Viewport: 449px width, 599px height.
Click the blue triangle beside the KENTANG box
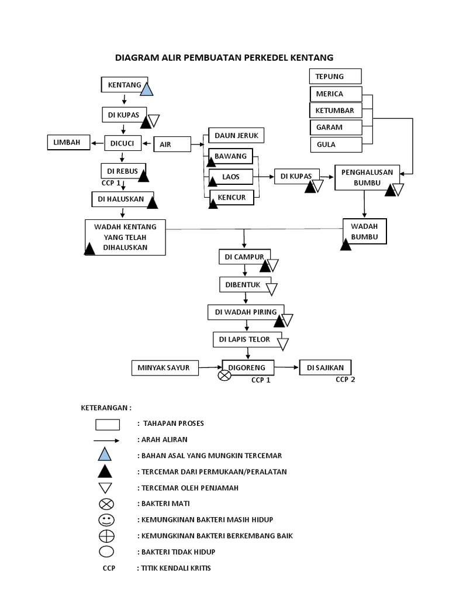[x=146, y=88]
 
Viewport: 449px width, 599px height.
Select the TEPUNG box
[x=335, y=77]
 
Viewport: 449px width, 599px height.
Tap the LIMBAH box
[x=68, y=142]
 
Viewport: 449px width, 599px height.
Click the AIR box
[x=172, y=144]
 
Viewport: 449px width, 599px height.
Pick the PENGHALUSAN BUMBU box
[x=367, y=177]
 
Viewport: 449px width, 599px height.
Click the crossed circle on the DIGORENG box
[x=224, y=376]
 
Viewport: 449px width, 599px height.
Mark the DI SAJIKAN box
[x=326, y=367]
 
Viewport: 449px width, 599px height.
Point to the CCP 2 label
[x=346, y=379]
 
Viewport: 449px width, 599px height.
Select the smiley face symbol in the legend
[x=106, y=519]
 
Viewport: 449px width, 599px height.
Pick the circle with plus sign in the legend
[x=106, y=536]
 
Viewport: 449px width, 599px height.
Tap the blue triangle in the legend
[x=105, y=455]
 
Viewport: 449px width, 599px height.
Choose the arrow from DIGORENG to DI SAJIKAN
[x=283, y=367]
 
